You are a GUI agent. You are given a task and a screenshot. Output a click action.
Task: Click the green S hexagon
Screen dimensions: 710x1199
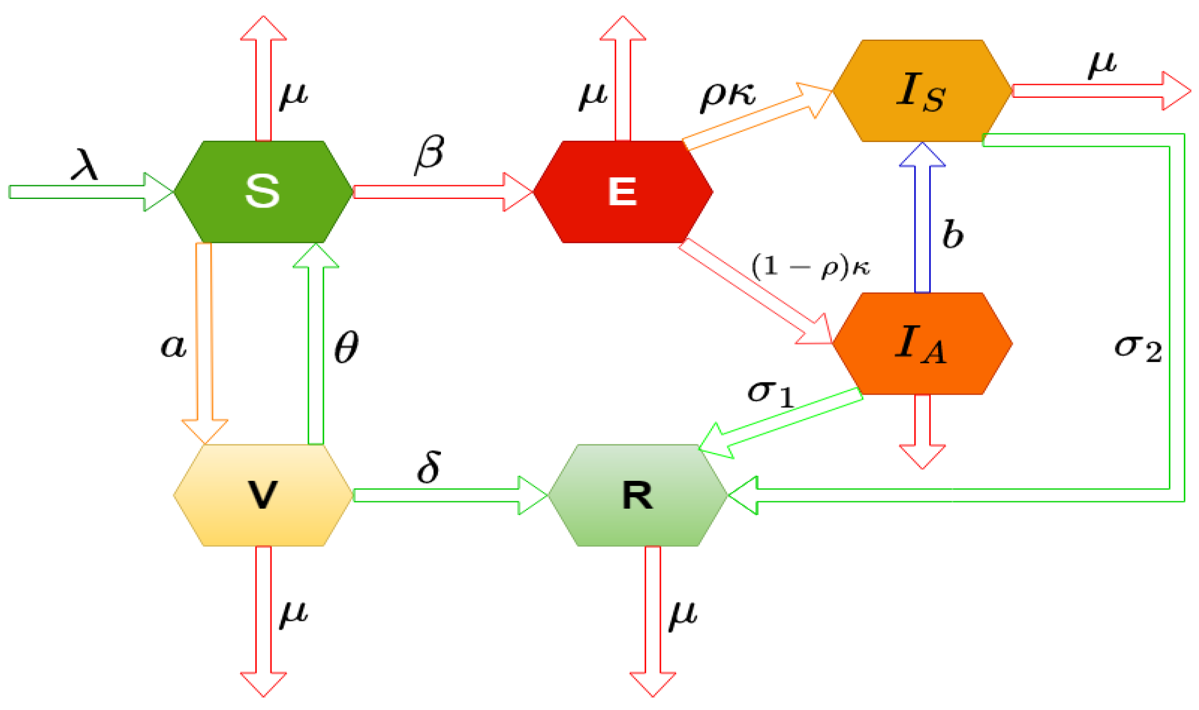[263, 192]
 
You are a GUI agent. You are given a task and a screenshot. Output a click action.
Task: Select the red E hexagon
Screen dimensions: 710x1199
[623, 192]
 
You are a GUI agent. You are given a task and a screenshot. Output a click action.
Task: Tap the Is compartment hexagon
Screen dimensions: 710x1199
[922, 90]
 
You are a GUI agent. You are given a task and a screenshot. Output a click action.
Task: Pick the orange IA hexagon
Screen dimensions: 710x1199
[922, 343]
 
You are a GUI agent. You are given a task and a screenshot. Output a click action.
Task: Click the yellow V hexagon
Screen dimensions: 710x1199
[263, 495]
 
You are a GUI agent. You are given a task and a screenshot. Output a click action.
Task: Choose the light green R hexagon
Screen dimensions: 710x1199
[638, 495]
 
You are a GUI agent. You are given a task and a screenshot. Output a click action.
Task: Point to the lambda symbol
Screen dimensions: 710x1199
[85, 164]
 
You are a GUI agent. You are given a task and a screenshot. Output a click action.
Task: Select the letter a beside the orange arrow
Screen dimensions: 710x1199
[173, 346]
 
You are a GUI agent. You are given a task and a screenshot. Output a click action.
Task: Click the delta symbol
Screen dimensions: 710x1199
[429, 467]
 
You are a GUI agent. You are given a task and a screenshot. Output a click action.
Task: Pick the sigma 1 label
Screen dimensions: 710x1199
[771, 392]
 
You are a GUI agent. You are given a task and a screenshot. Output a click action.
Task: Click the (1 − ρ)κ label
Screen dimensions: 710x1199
[810, 266]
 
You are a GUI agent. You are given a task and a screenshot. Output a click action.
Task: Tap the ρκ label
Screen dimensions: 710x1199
[727, 95]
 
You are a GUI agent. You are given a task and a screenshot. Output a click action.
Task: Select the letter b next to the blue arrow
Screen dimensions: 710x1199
[953, 234]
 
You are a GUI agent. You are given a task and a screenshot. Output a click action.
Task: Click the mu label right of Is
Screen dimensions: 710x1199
[1102, 64]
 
